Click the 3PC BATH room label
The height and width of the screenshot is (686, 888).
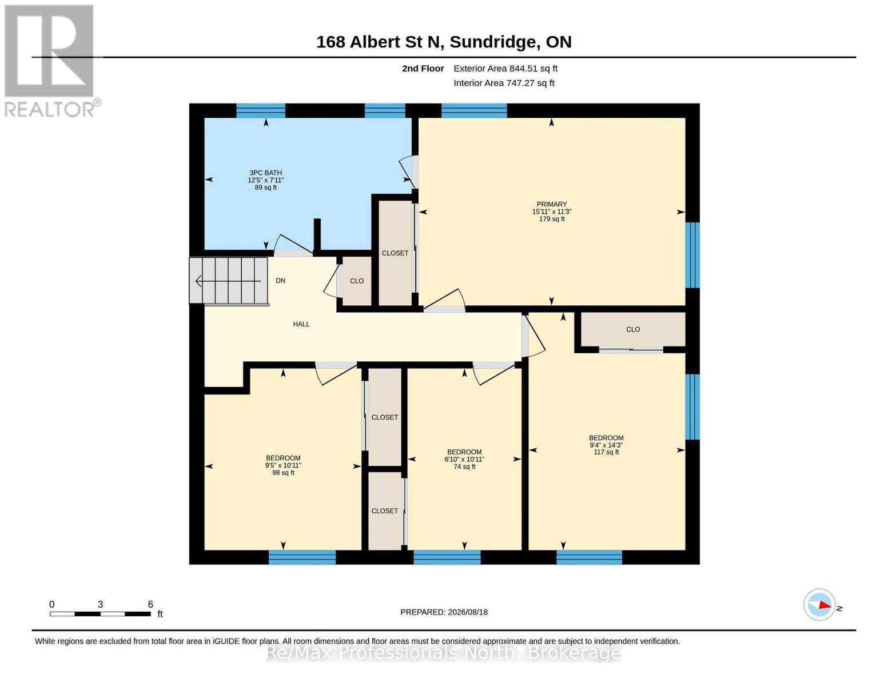(x=265, y=173)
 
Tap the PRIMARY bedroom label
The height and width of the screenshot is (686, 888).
(x=551, y=204)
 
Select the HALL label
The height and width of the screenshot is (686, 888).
(x=301, y=324)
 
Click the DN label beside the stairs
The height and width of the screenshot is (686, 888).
(x=280, y=281)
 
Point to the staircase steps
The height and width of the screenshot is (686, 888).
(x=229, y=281)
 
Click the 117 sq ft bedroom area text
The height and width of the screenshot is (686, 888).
(x=606, y=452)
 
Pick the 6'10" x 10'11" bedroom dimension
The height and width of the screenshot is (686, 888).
(x=464, y=459)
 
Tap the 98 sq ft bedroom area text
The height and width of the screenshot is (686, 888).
(x=283, y=473)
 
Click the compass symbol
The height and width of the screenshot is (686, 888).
(x=819, y=605)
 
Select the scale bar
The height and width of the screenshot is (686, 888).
(x=100, y=613)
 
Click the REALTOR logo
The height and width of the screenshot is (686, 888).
(x=51, y=61)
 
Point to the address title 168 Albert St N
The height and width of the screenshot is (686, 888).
(x=380, y=42)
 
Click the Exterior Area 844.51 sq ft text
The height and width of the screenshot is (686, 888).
(x=505, y=69)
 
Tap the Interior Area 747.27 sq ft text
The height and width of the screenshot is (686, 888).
(x=504, y=83)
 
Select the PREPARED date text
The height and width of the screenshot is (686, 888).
(x=444, y=612)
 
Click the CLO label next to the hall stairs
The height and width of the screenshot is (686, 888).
(x=357, y=281)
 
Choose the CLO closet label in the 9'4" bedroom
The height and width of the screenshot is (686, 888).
(x=633, y=329)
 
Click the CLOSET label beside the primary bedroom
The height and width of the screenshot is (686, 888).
(x=395, y=253)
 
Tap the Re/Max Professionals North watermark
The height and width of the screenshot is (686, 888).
(x=444, y=652)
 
